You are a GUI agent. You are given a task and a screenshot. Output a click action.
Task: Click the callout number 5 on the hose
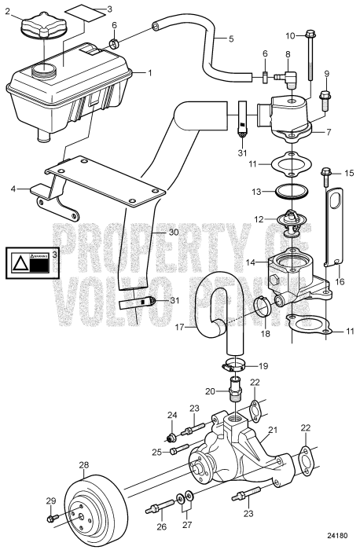[230, 38]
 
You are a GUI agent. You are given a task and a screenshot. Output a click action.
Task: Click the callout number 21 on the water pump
[274, 430]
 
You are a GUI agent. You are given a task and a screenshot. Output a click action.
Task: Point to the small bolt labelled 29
[52, 518]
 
